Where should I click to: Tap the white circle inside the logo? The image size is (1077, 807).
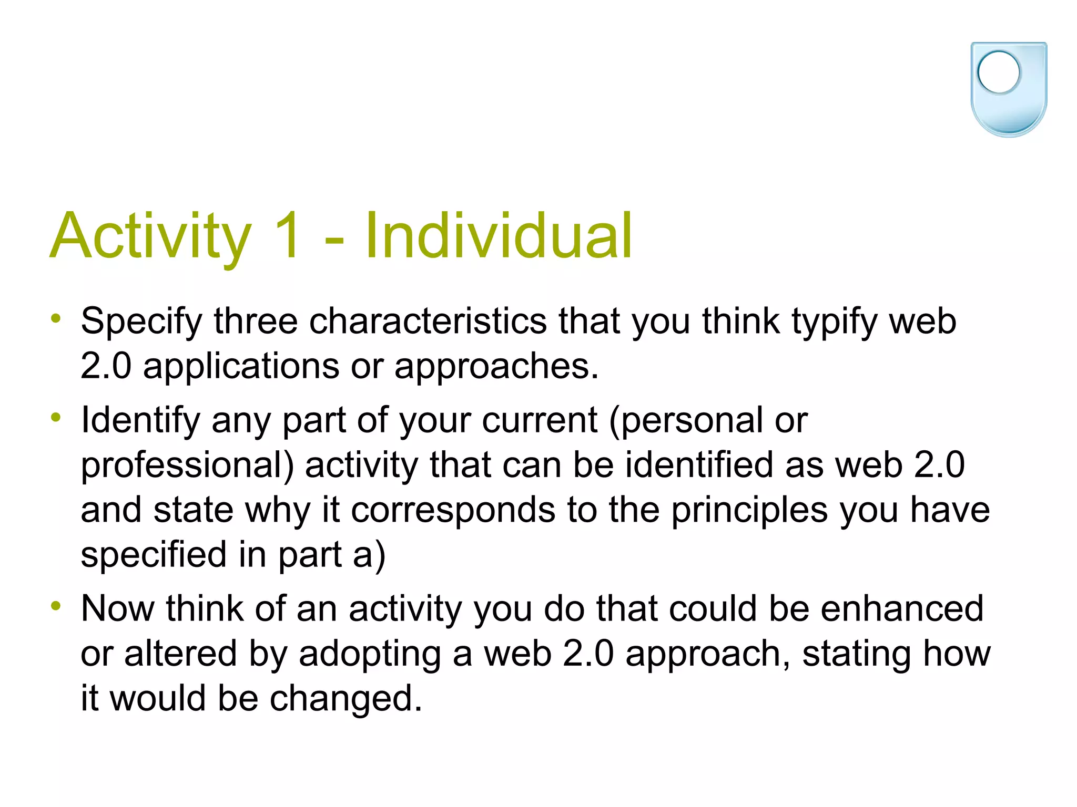(998, 73)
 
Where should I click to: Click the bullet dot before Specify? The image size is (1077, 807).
(56, 318)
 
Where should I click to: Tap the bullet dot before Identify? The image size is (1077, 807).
(56, 418)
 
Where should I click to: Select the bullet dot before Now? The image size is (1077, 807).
(56, 606)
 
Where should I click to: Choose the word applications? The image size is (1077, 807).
(241, 367)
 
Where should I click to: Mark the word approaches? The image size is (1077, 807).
(496, 367)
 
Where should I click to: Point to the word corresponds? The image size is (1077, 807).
(453, 511)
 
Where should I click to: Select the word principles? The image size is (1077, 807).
(749, 511)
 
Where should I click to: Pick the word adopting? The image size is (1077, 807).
(370, 655)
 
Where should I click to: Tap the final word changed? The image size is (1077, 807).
(346, 699)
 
